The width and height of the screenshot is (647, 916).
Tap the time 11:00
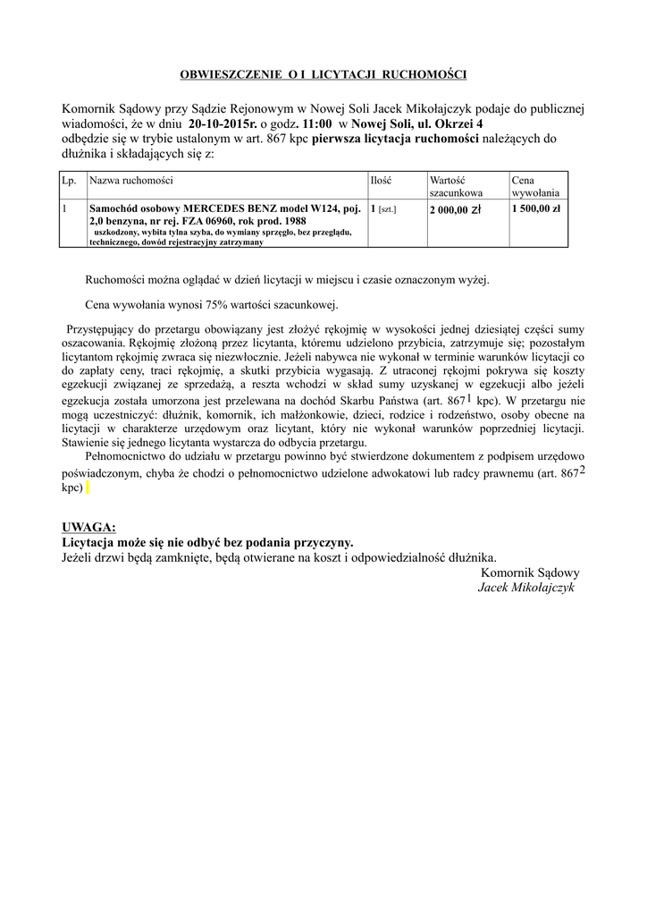tap(318, 124)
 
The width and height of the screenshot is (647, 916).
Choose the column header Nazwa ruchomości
tap(130, 181)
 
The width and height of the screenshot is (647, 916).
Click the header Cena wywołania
tap(535, 186)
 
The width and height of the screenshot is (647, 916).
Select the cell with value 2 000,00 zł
tap(456, 209)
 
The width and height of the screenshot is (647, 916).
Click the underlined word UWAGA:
tap(88, 527)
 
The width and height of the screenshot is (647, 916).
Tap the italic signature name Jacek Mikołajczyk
tap(526, 588)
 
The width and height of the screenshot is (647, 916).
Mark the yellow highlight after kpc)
tap(87, 488)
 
